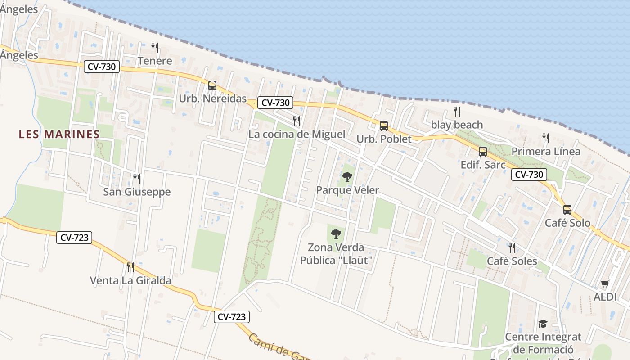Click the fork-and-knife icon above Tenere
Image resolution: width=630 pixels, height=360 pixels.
[x=155, y=47]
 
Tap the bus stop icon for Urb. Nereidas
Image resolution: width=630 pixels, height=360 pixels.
[x=212, y=85]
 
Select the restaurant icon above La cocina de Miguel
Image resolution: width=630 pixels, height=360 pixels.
[x=297, y=121]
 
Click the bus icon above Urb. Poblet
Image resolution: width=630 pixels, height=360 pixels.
[x=383, y=126]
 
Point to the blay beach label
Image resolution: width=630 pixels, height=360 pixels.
[x=457, y=125]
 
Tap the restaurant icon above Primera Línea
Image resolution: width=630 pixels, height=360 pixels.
[x=546, y=138]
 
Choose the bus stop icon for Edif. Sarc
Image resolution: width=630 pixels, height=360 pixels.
[x=483, y=152]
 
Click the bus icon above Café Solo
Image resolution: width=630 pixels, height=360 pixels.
[x=567, y=209]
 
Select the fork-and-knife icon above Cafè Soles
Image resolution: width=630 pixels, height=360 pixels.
[x=512, y=247]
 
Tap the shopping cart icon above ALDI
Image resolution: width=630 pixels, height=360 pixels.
[x=605, y=283]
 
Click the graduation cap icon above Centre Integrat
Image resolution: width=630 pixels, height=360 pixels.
[x=543, y=324]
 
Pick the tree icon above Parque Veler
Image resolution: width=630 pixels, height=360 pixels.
[x=347, y=176]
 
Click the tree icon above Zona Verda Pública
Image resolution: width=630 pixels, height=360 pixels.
[x=336, y=234]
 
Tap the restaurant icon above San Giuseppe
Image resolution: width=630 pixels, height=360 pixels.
[x=137, y=179]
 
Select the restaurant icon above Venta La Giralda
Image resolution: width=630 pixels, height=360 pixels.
[x=130, y=267]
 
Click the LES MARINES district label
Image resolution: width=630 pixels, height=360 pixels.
[x=59, y=134]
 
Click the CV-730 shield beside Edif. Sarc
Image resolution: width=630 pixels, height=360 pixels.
[x=529, y=175]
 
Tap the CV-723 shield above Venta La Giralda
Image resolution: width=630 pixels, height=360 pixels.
[x=74, y=238]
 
